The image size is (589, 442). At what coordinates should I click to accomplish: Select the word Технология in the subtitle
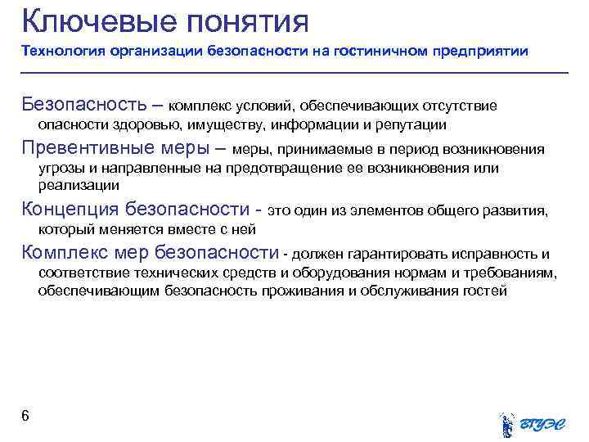click(58, 52)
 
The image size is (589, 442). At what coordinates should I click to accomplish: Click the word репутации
click(411, 124)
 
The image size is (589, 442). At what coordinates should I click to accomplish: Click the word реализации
click(73, 186)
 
